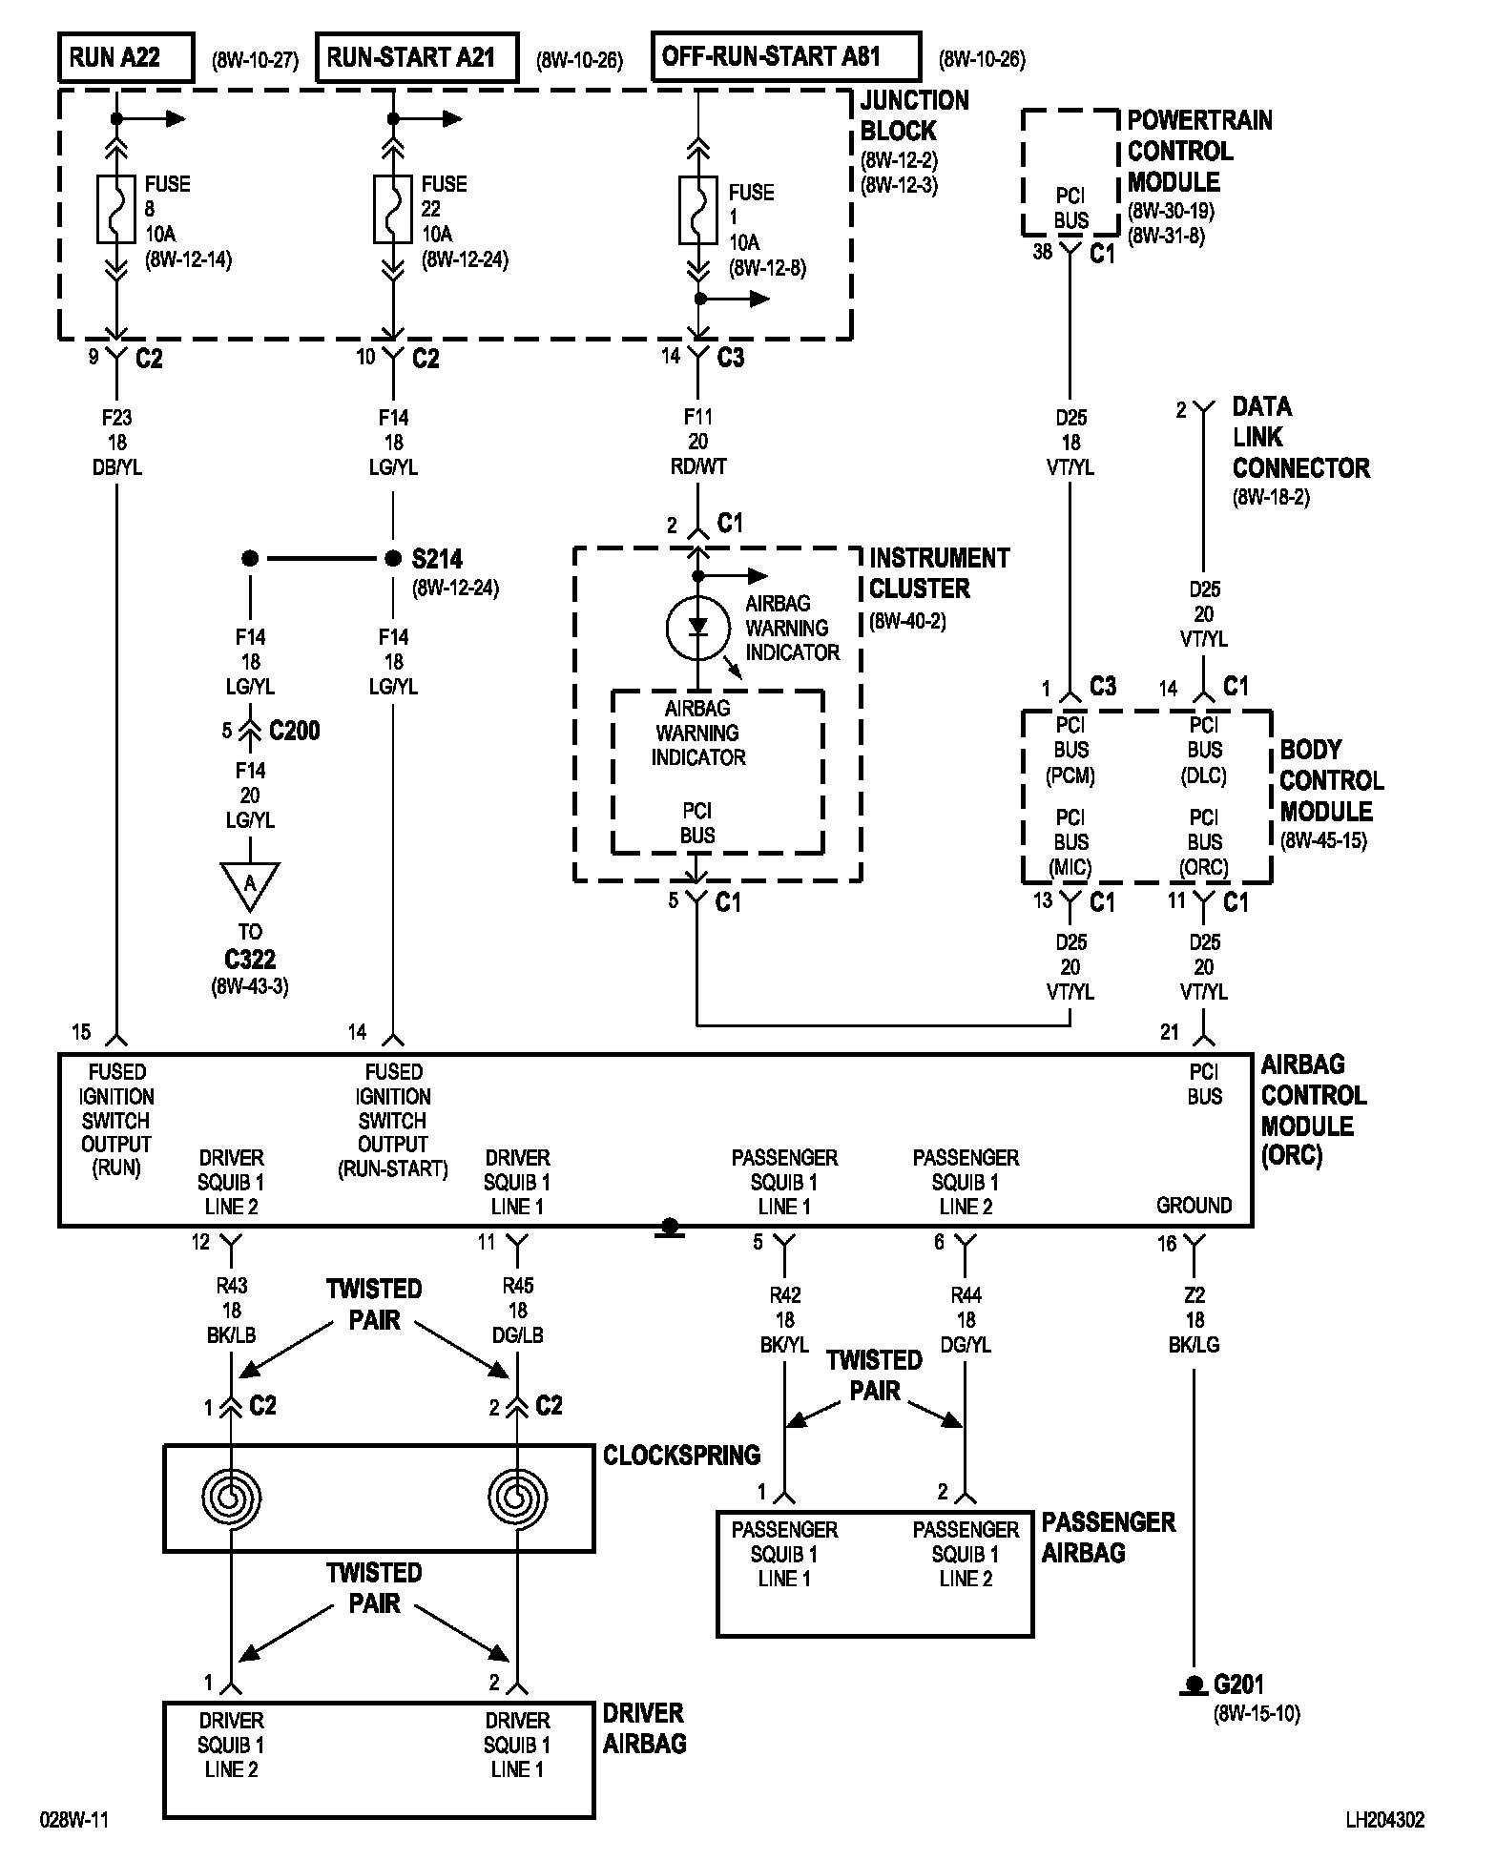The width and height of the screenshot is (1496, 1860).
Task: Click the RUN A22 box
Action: (x=126, y=57)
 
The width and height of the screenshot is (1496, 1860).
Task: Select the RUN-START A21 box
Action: (x=417, y=57)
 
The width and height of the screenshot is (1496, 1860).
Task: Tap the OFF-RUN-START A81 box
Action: (x=786, y=56)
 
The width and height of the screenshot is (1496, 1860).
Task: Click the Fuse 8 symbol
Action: (x=116, y=209)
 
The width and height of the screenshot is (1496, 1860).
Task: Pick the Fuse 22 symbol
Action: (x=393, y=209)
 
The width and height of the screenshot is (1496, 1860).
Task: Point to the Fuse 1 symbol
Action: (x=698, y=210)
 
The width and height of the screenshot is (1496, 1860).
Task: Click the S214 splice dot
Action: (x=393, y=559)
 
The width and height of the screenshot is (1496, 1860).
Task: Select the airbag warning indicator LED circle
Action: (x=697, y=627)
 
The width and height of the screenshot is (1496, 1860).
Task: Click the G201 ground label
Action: (x=1237, y=1684)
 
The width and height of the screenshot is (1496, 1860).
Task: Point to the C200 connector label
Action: (x=295, y=731)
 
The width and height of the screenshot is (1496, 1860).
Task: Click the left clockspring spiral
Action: (x=231, y=1497)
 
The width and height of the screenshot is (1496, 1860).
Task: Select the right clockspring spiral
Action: (x=517, y=1497)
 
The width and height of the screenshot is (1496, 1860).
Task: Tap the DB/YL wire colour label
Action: (x=116, y=468)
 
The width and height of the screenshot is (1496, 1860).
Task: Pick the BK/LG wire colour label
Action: (x=1195, y=1345)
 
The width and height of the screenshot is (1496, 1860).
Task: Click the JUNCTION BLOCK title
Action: (x=914, y=115)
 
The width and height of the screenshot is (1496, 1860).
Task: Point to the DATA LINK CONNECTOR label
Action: (x=1300, y=437)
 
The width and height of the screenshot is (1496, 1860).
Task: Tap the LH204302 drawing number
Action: (x=1385, y=1820)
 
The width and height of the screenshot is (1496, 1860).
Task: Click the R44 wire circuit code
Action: (x=966, y=1295)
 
